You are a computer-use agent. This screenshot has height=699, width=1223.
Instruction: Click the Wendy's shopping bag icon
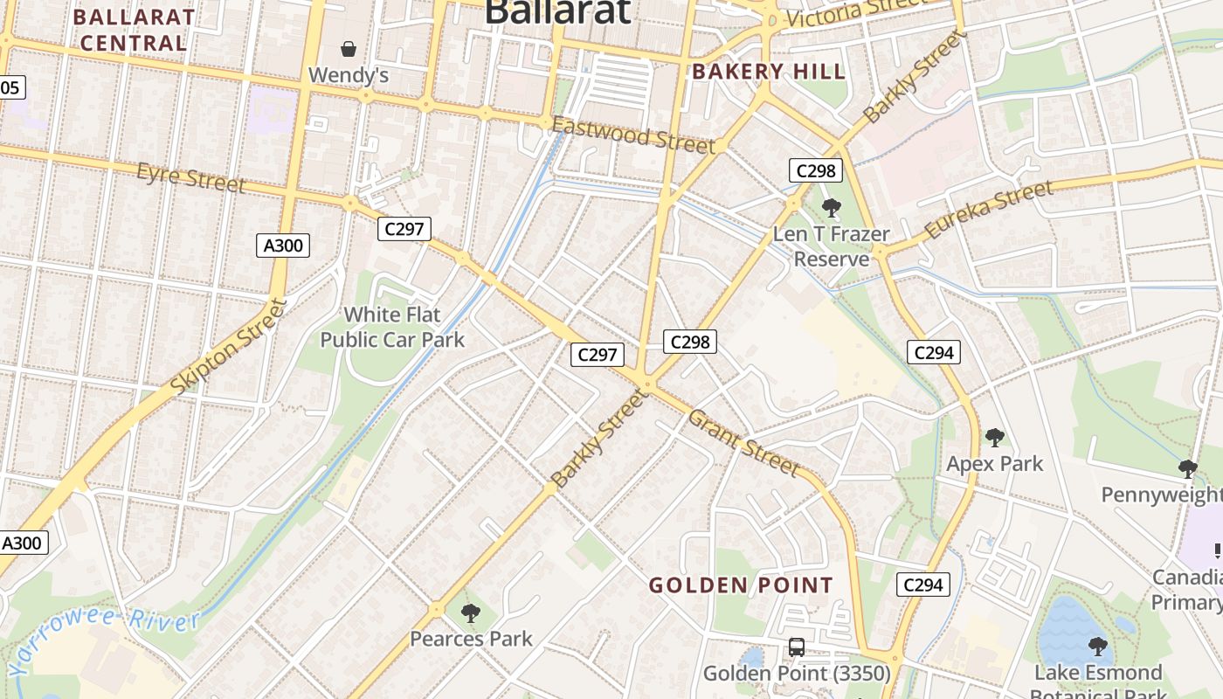pos(349,48)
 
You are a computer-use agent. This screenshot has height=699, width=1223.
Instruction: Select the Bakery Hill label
pos(769,72)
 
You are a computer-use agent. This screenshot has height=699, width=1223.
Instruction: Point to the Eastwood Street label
pos(633,136)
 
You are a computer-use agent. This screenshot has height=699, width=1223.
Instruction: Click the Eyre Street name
pos(190,177)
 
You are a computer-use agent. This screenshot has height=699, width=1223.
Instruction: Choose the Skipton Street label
pos(230,345)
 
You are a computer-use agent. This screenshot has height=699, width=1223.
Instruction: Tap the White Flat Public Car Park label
pos(392,327)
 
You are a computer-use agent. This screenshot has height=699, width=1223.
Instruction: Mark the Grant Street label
pos(743,443)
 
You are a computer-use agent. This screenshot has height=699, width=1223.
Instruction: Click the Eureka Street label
pos(988,210)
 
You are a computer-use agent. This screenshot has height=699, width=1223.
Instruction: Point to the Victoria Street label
pos(856,12)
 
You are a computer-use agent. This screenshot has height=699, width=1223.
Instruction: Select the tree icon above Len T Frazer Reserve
pos(832,208)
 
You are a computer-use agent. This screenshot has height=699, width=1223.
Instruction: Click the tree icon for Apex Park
pos(994,438)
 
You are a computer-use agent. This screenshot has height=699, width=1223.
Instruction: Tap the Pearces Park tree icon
pos(471,613)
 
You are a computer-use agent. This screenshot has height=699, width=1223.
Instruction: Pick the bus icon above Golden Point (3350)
pos(797,647)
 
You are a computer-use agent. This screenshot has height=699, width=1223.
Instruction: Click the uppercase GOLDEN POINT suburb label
pos(741,585)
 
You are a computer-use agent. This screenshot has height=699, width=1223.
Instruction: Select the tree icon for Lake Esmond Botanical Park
pos(1098,647)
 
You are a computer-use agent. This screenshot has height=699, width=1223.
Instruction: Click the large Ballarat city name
pos(556,12)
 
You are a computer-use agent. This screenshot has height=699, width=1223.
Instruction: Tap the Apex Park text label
pos(995,463)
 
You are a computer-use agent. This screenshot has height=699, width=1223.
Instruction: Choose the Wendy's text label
pos(349,75)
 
